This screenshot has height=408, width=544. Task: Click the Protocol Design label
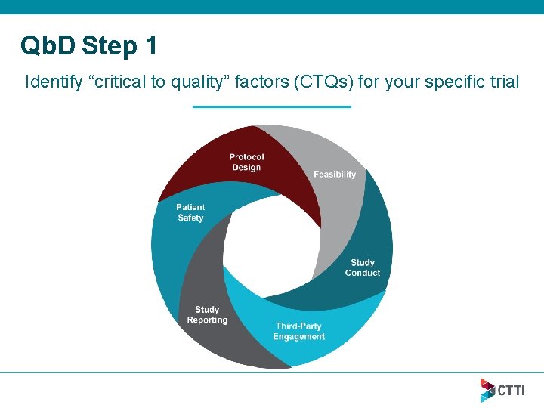coord(246,162)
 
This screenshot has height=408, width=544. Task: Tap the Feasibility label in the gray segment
coord(334,175)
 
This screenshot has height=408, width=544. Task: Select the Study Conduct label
coord(363,267)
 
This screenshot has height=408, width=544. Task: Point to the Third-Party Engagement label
coord(299,332)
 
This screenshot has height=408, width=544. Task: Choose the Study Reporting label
coord(207,314)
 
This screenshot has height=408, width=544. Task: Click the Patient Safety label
coord(190,212)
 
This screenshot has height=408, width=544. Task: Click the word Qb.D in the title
coord(48,47)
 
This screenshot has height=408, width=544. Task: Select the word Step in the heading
coord(109,47)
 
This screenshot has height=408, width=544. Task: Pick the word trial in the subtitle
coord(505,82)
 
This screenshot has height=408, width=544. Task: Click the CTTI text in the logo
coord(511,390)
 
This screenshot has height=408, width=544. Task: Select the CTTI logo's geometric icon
coord(487,390)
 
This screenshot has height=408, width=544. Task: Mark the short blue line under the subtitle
coord(272,107)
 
